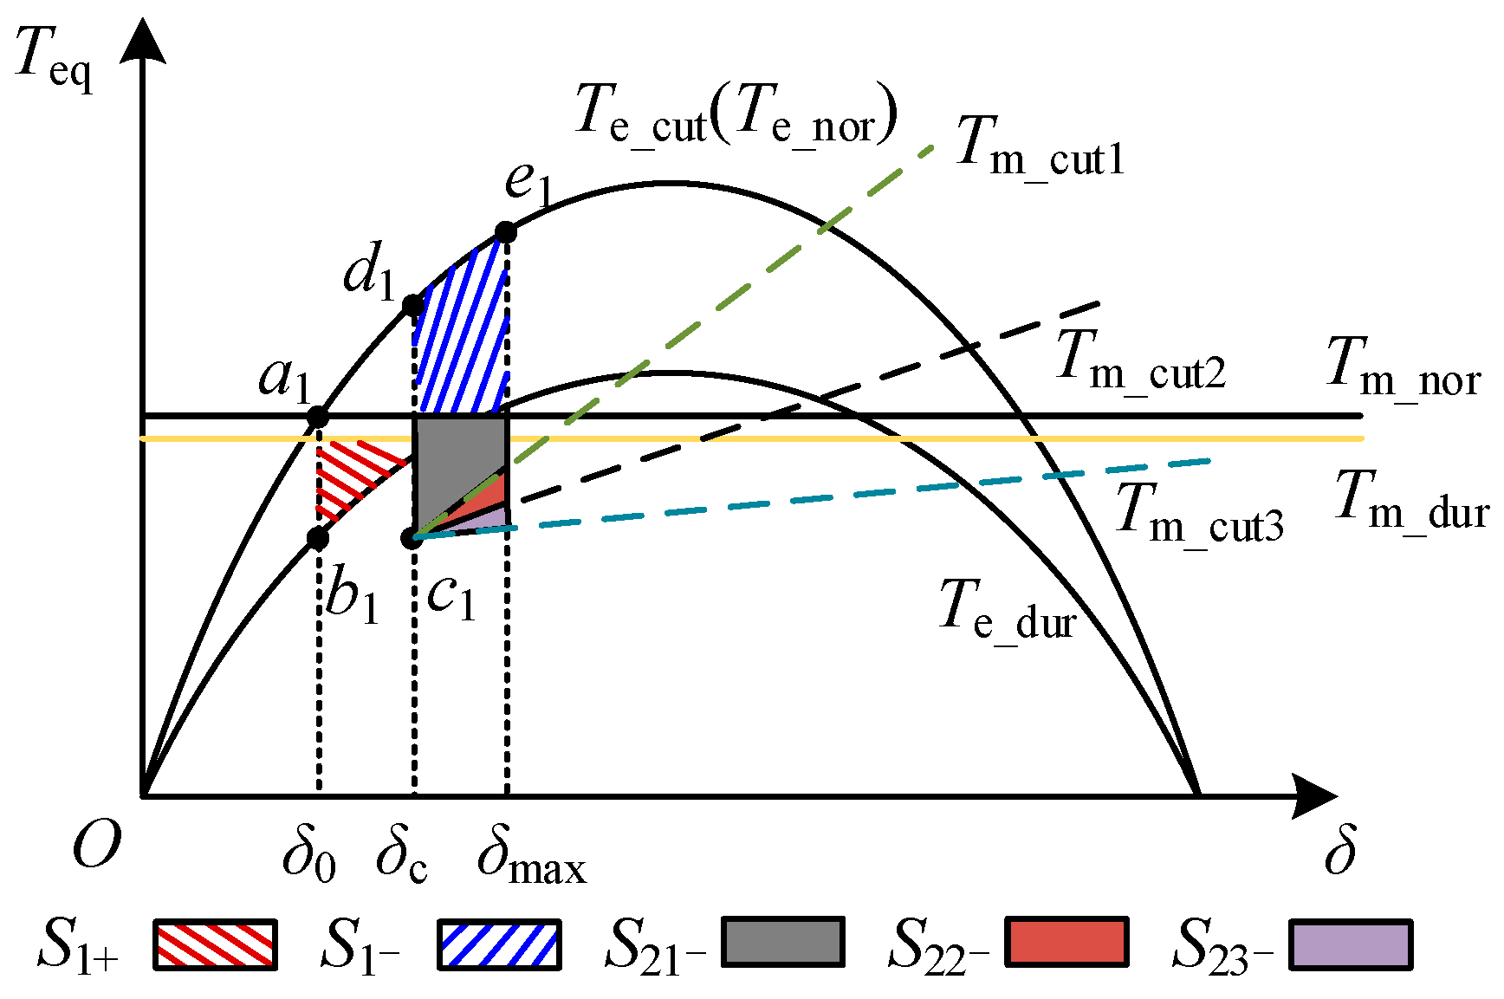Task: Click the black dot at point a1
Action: click(318, 417)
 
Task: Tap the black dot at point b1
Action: click(318, 538)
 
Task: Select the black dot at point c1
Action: click(412, 538)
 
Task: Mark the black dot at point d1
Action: click(414, 305)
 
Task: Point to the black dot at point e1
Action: click(506, 231)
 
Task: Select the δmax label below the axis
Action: click(530, 858)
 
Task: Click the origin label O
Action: click(95, 844)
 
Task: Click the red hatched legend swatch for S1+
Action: click(215, 944)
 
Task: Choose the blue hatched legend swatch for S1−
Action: click(498, 944)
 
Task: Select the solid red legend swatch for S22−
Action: click(1067, 942)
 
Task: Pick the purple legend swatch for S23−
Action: click(1350, 944)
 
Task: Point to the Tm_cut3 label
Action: click(1199, 513)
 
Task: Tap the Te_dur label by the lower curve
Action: click(1007, 608)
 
